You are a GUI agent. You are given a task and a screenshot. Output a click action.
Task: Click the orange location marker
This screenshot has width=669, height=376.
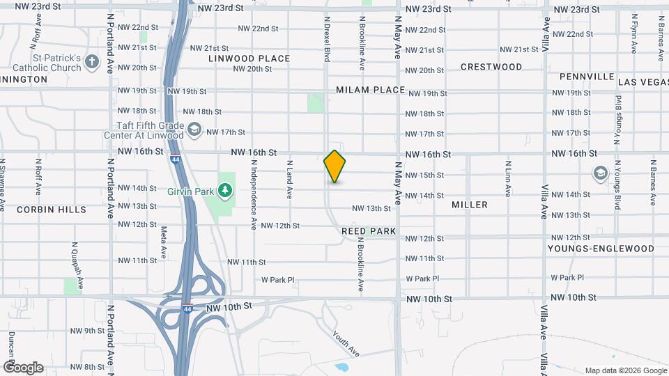pyautogui.click(x=334, y=166)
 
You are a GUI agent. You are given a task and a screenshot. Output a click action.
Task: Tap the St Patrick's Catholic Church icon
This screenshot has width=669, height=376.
pyautogui.click(x=91, y=63)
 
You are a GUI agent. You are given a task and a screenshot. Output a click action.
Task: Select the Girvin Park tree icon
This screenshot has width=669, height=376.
pyautogui.click(x=224, y=189)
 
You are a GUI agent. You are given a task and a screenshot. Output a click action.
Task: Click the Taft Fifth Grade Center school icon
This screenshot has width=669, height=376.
pyautogui.click(x=194, y=130)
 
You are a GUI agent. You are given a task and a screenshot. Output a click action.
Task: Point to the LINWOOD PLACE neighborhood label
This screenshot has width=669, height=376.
pyautogui.click(x=249, y=58)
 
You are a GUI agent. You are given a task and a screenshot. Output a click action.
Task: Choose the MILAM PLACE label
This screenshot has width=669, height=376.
pyautogui.click(x=370, y=90)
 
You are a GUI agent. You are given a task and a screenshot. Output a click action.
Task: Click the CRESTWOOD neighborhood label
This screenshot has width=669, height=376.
pyautogui.click(x=491, y=67)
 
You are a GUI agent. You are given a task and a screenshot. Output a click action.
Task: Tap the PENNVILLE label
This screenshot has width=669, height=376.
pyautogui.click(x=581, y=76)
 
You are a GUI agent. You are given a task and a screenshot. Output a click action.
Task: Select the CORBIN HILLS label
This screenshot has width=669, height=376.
pyautogui.click(x=52, y=209)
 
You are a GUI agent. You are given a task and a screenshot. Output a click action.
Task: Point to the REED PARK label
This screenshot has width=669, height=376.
pyautogui.click(x=369, y=230)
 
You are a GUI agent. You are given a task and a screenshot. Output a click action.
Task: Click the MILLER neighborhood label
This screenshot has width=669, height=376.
pyautogui.click(x=470, y=205)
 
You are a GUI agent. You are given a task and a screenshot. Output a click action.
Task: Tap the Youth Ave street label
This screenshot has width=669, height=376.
pyautogui.click(x=345, y=343)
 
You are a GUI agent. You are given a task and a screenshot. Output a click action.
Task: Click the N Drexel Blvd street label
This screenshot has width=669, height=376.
pyautogui.click(x=326, y=39)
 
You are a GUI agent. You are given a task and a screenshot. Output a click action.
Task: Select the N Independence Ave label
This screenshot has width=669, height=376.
pyautogui.click(x=254, y=193)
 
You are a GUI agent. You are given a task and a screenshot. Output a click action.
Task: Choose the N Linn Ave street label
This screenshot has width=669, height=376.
pyautogui.click(x=508, y=180)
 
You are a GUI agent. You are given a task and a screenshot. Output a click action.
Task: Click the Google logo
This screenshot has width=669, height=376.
pyautogui.click(x=23, y=368)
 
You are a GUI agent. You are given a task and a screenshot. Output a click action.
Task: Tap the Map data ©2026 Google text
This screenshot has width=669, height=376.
pyautogui.click(x=625, y=370)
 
